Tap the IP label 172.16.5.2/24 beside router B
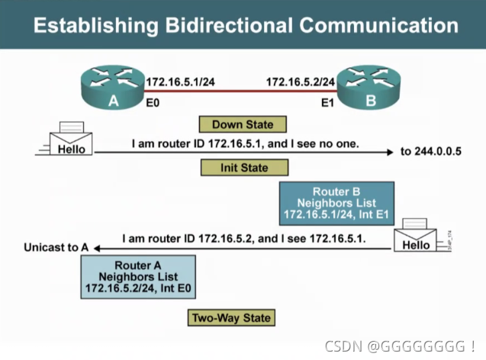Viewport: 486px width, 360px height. tap(301, 80)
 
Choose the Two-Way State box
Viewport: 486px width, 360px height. tap(230, 317)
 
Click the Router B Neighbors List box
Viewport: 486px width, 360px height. tap(336, 203)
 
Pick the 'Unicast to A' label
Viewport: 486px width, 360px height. tap(56, 248)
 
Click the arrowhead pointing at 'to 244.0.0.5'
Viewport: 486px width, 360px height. tap(391, 152)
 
